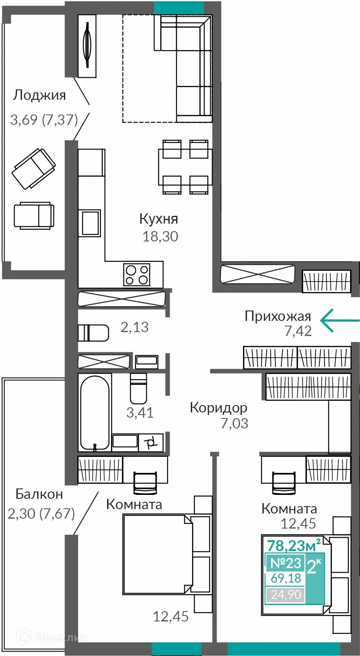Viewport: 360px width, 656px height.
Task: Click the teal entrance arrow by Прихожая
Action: (x=340, y=320)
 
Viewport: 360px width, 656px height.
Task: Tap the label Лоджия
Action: (x=39, y=96)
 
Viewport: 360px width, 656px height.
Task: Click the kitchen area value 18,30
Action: (x=161, y=236)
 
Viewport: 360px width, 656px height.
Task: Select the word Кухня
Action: (x=159, y=219)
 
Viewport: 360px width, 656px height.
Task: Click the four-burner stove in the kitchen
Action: (x=137, y=274)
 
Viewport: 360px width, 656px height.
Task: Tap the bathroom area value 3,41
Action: (x=140, y=412)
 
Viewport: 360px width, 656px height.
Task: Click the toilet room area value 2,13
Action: (x=135, y=327)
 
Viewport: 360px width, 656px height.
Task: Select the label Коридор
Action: (x=219, y=408)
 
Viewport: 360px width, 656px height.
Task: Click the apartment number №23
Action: (x=285, y=563)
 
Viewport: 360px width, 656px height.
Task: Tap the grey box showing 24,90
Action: (x=285, y=595)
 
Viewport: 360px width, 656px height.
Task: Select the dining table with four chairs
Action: (x=185, y=167)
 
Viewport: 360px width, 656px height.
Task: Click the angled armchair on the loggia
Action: (x=34, y=168)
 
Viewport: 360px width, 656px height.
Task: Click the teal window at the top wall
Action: (x=179, y=8)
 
